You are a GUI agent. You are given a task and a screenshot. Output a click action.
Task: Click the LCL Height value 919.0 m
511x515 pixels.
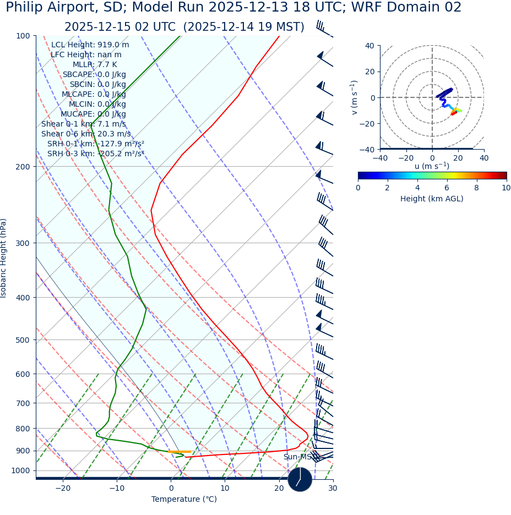(x=113, y=45)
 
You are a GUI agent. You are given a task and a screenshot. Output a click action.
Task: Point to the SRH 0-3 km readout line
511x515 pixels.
(x=95, y=154)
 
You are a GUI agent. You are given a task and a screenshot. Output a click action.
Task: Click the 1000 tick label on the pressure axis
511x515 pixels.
(x=21, y=470)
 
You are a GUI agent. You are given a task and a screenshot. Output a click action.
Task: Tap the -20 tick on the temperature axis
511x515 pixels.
(x=63, y=488)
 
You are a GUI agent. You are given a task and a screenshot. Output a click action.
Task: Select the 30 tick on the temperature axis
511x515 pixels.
(x=333, y=488)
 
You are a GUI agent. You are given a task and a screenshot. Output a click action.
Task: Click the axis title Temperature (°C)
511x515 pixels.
(x=184, y=499)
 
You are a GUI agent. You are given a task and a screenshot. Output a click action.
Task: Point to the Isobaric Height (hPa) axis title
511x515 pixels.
(x=4, y=257)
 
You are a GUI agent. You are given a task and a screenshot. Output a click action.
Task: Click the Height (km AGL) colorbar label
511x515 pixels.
(x=432, y=199)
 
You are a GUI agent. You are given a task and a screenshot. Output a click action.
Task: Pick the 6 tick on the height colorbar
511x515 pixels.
(x=447, y=188)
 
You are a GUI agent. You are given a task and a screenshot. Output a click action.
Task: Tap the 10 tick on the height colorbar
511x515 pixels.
(x=505, y=188)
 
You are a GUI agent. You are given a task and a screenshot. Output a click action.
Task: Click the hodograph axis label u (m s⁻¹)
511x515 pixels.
(x=432, y=166)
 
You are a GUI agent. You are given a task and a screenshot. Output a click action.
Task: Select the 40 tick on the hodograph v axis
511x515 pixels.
(x=369, y=46)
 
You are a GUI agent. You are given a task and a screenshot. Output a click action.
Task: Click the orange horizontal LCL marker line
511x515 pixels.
(x=180, y=452)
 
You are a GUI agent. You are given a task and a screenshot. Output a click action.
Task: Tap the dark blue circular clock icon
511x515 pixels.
(x=300, y=479)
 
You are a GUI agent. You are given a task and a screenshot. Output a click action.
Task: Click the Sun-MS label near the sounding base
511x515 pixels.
(x=297, y=457)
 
